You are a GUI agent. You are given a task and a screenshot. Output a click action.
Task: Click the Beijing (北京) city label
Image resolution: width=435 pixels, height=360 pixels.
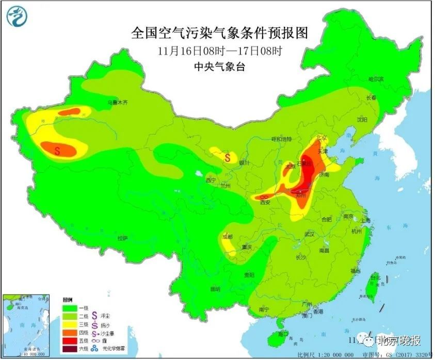click(x=321, y=138)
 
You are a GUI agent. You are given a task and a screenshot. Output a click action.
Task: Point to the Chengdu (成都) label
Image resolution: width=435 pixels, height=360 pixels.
click(x=227, y=237)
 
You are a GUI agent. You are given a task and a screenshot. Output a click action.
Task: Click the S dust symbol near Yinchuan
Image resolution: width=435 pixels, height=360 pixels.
click(x=227, y=157)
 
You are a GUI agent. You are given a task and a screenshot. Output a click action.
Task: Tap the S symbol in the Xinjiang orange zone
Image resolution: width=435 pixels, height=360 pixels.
click(x=58, y=150)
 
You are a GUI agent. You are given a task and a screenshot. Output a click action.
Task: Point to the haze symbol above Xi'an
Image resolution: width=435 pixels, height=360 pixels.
click(x=264, y=197)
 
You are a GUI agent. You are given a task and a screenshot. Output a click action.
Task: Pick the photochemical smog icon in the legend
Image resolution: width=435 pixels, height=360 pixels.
click(x=94, y=349)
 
